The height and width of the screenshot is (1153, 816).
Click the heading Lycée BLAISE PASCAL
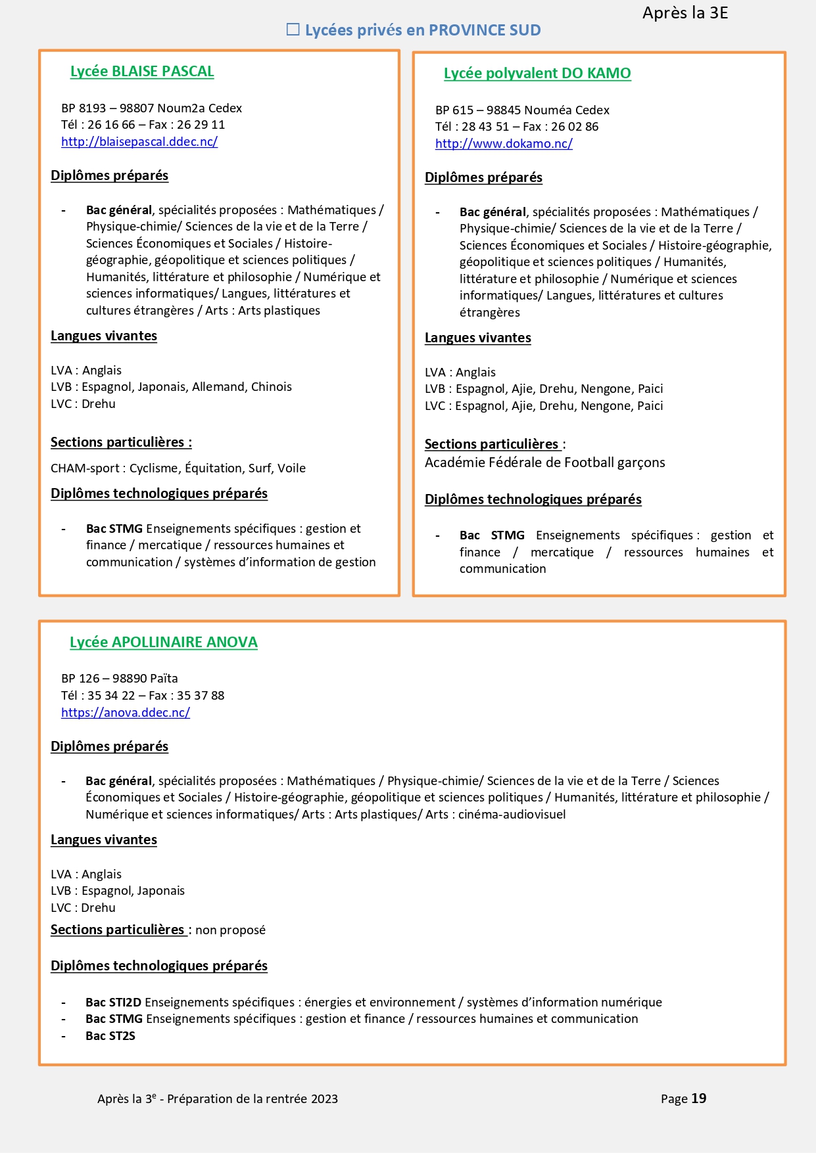(142, 72)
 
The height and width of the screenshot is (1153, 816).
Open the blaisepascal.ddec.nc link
(139, 142)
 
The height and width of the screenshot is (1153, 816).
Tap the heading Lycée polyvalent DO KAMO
(537, 74)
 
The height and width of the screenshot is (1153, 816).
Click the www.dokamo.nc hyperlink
(504, 144)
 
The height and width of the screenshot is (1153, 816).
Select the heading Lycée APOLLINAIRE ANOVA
(164, 643)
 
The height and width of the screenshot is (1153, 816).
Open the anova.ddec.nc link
(126, 713)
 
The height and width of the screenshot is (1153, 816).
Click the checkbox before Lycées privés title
(293, 30)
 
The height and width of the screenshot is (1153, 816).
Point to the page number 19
(699, 1098)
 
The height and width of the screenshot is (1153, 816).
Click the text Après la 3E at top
(685, 13)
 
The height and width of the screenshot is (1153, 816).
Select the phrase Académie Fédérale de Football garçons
(544, 463)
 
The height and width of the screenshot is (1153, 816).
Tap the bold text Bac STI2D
(114, 1003)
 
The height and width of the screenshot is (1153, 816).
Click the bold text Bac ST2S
(110, 1036)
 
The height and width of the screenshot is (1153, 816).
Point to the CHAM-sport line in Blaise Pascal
(178, 468)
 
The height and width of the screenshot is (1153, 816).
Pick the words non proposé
(230, 930)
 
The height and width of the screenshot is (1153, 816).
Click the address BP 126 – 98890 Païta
(120, 679)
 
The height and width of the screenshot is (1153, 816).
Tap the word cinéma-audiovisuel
(512, 815)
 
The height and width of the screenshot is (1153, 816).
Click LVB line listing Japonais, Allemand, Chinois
(171, 387)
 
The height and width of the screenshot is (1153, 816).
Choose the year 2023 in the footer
(324, 1099)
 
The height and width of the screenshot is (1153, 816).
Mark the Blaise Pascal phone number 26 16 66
(111, 125)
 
